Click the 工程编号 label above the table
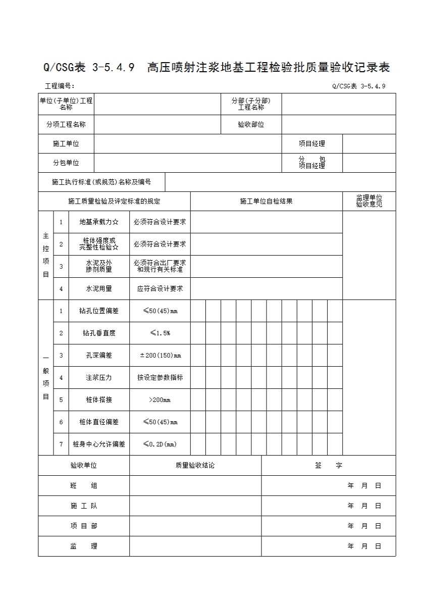60,86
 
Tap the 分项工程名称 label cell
66,125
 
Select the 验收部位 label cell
251,125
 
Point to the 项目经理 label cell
311,144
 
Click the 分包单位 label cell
66,163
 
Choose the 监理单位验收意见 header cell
369,201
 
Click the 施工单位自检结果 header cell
266,202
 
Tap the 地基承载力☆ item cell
99,222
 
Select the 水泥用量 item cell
99,289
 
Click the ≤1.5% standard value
160,333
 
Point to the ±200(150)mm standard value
160,356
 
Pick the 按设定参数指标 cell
160,378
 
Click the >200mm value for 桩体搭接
160,400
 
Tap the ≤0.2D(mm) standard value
160,444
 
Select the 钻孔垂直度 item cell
99,333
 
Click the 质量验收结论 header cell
195,466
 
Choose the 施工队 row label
84,506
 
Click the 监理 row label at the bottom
84,546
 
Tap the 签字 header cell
328,466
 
